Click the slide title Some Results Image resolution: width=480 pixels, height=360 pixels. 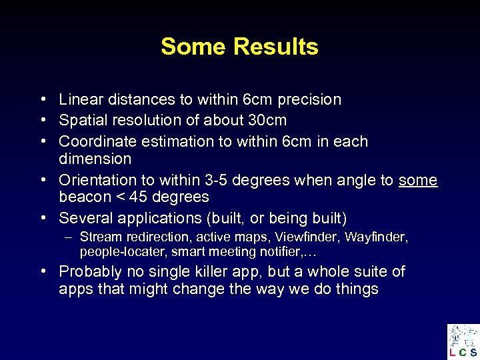239,47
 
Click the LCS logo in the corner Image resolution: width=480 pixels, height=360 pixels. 463,341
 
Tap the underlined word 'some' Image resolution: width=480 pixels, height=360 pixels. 418,180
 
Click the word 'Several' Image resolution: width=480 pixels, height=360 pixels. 84,218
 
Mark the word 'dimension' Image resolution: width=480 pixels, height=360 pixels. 95,159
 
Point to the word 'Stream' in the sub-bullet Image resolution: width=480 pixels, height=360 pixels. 100,237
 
